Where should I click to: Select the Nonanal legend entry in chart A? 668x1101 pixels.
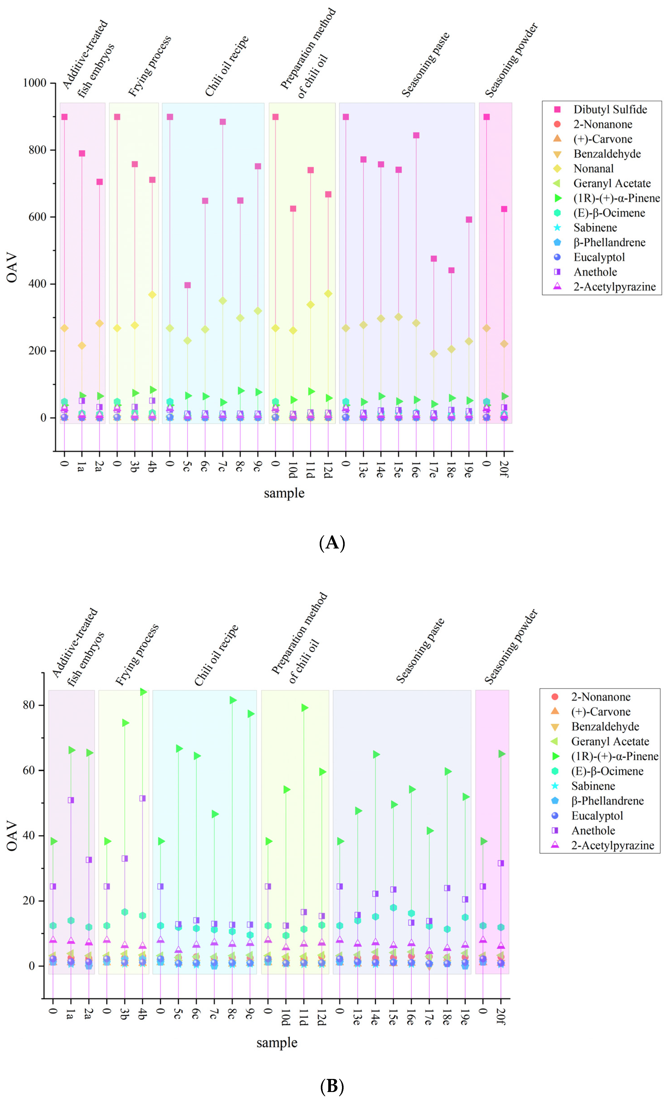point(593,168)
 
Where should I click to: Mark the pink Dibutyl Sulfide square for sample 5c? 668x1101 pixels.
point(188,285)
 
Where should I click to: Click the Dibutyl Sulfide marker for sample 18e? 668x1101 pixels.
point(451,270)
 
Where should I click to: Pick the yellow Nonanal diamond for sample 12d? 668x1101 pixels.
point(328,293)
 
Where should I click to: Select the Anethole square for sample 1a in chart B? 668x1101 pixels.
point(71,800)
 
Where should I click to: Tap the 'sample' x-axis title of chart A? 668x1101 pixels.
point(284,493)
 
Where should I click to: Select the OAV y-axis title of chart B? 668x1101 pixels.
point(12,836)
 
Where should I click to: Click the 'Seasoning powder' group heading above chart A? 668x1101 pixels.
point(512,60)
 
